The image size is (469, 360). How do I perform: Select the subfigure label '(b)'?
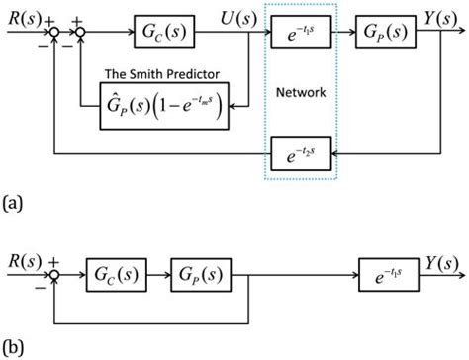[14, 348]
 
